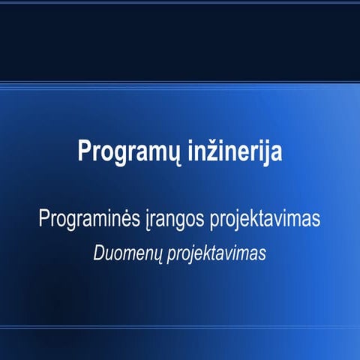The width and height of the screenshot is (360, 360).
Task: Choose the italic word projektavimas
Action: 217,254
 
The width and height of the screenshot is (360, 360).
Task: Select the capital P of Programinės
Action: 45,220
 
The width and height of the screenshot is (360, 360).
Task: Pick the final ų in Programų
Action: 161,152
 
